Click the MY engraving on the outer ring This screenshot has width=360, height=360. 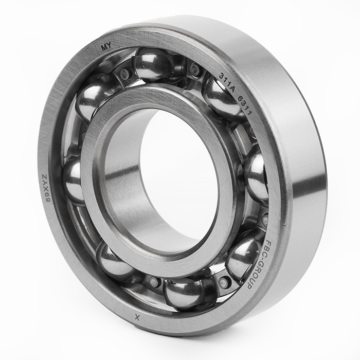pyautogui.click(x=106, y=47)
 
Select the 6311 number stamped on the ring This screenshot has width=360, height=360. pyautogui.click(x=245, y=106)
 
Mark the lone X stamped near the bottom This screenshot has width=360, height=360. pyautogui.click(x=137, y=317)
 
